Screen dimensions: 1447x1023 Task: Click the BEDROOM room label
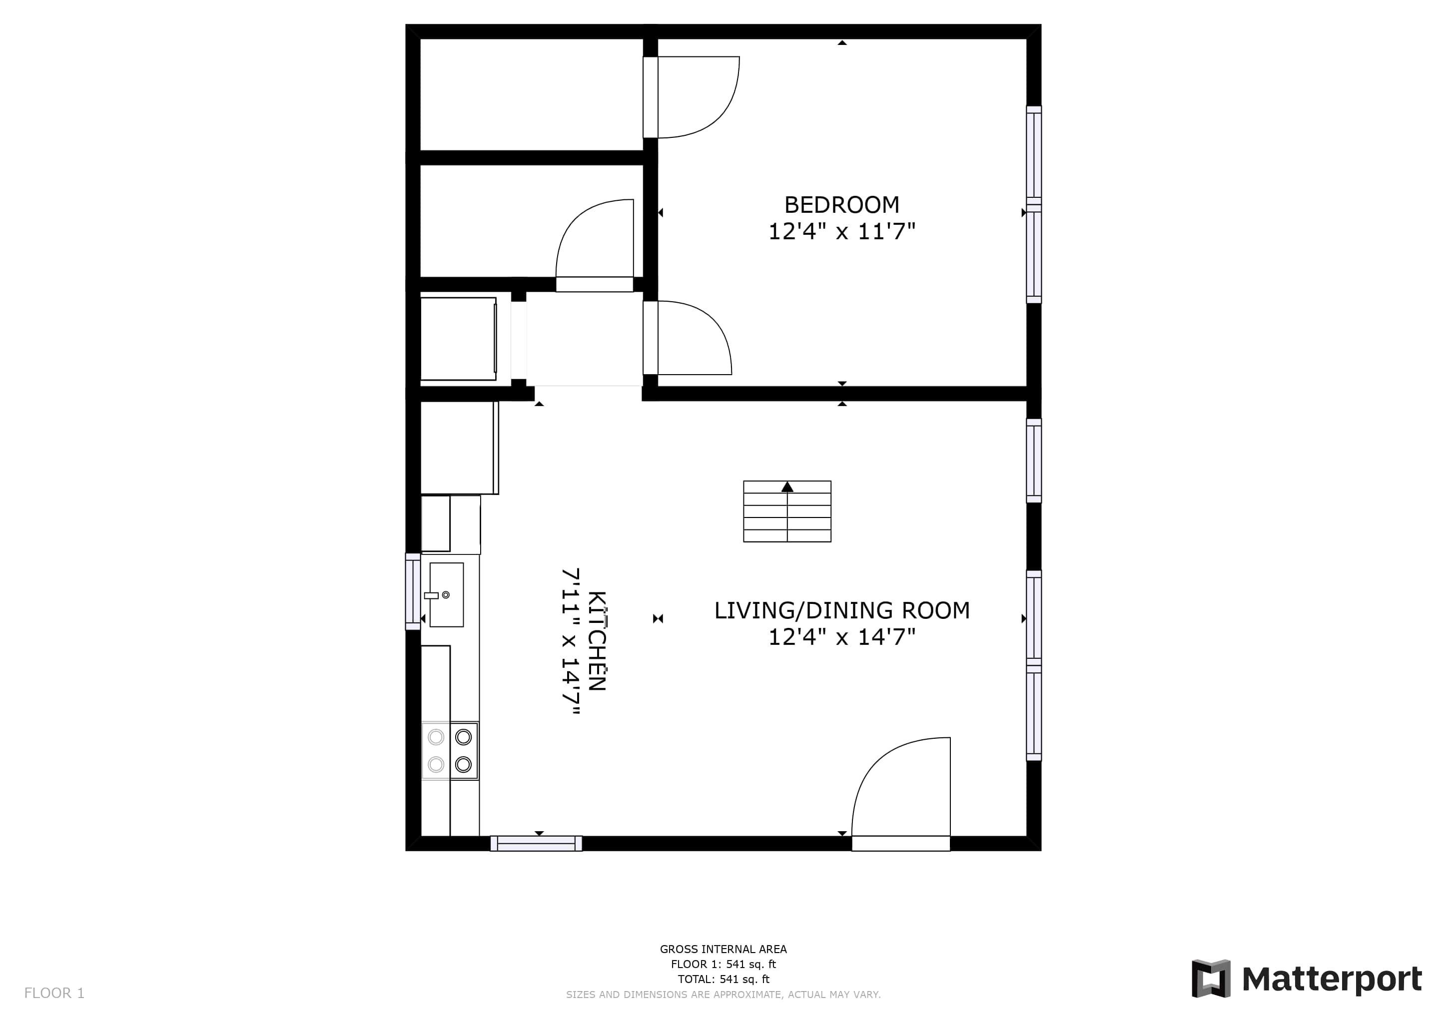(x=841, y=205)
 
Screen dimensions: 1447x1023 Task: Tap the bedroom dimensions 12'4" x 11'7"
(x=841, y=232)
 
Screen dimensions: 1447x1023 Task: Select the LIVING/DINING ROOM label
(x=841, y=610)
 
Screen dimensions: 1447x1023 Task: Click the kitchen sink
(x=446, y=594)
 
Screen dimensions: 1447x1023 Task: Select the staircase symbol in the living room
(x=787, y=511)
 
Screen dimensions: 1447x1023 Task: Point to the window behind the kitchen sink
(x=413, y=591)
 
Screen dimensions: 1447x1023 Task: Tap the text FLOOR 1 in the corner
(x=54, y=994)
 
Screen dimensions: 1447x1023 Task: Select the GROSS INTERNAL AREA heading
(x=723, y=949)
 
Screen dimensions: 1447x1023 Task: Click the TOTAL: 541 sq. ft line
(x=723, y=980)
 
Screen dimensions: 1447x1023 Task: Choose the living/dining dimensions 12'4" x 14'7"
(x=841, y=637)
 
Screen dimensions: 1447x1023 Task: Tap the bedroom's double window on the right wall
(x=1034, y=205)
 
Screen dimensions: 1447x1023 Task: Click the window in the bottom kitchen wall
(x=536, y=844)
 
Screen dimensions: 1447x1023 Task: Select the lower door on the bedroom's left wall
(x=688, y=338)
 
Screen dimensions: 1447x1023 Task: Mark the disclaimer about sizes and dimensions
(x=723, y=995)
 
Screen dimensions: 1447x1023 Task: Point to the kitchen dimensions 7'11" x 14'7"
(x=570, y=642)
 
